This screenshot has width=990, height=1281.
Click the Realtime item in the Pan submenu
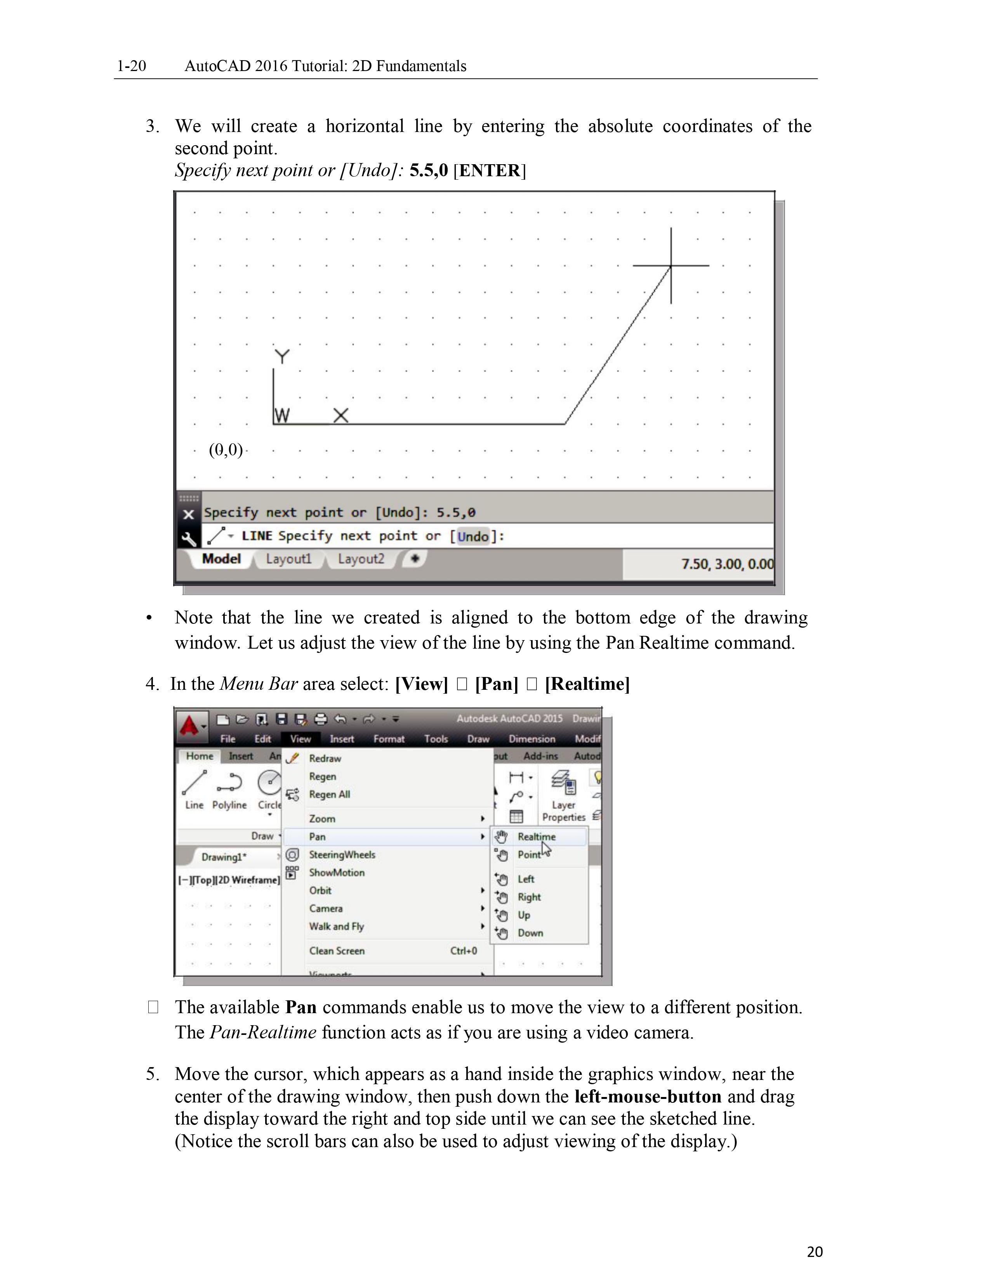pos(536,837)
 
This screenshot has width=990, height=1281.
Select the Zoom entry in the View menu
pos(322,818)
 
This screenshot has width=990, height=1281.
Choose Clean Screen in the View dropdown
pos(337,951)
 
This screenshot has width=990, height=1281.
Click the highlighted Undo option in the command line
pos(473,536)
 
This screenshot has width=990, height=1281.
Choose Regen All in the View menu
pos(329,794)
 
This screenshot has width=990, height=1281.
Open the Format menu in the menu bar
pos(389,739)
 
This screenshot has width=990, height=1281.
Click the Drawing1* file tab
pos(224,857)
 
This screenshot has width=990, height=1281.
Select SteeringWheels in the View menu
pos(342,855)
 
